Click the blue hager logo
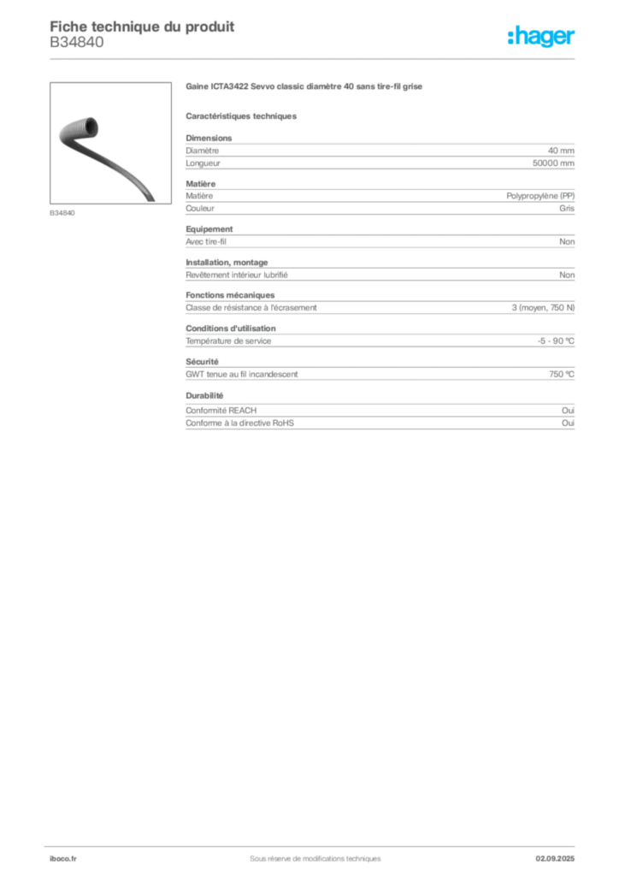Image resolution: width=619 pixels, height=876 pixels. click(x=543, y=38)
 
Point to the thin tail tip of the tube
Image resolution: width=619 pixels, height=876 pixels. click(x=152, y=198)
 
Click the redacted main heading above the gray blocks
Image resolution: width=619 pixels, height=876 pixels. click(x=304, y=87)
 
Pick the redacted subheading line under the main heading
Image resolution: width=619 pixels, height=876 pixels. click(x=243, y=115)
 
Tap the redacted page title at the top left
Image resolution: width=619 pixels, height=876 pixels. click(x=141, y=25)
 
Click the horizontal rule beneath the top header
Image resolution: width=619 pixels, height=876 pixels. click(x=314, y=58)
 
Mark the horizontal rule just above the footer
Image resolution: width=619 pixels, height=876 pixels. click(x=314, y=843)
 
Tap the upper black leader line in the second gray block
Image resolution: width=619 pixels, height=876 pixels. click(x=363, y=195)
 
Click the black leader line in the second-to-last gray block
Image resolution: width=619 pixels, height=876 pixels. click(x=424, y=373)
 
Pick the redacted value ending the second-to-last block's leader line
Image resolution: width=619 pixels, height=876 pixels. click(x=563, y=373)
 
